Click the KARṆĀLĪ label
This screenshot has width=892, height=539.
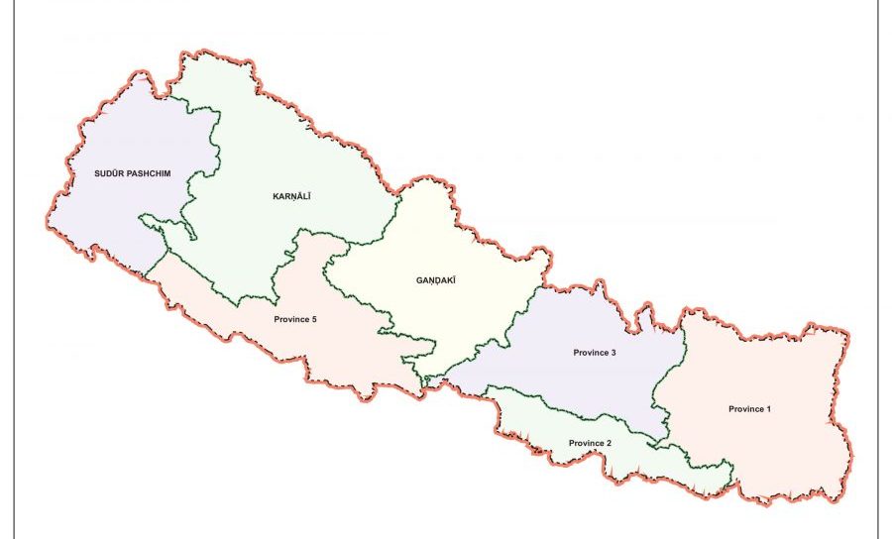tap(292, 197)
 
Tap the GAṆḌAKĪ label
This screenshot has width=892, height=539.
tap(435, 280)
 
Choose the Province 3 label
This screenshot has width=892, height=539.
tap(595, 353)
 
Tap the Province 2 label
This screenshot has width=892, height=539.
tap(590, 442)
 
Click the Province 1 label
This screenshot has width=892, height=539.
tap(750, 408)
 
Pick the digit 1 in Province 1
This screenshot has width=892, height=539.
tap(769, 408)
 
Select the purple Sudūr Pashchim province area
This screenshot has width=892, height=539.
tap(109, 218)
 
